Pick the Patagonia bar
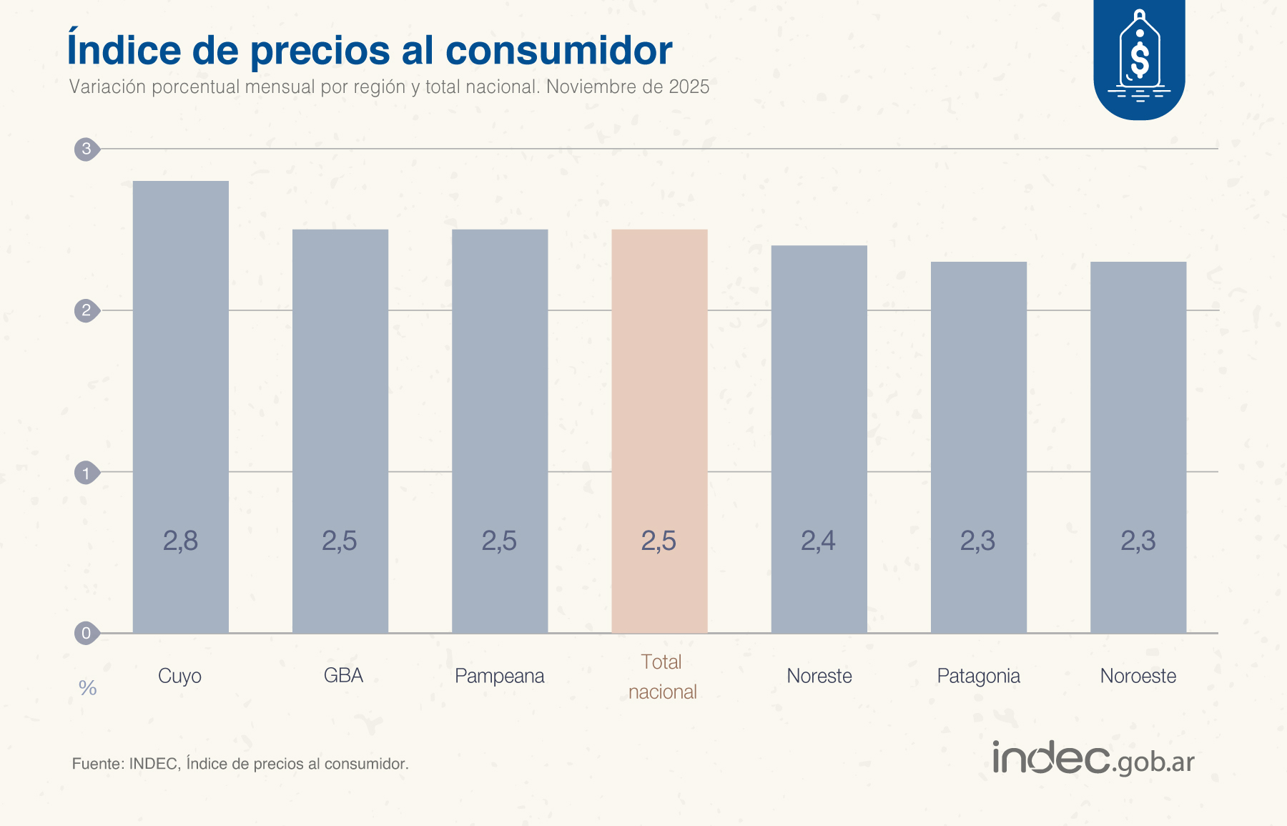tap(978, 447)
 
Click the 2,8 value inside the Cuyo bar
tap(180, 541)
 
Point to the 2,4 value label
tap(818, 541)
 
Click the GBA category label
tap(343, 675)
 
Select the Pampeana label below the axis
tap(499, 676)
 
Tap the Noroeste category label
tap(1138, 676)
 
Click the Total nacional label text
tap(662, 677)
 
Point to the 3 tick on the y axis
tap(87, 149)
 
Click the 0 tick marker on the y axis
tap(87, 633)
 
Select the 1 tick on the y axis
tap(87, 473)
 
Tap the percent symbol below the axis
tap(88, 688)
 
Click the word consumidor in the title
tap(558, 50)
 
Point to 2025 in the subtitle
tap(689, 87)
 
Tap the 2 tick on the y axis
tap(87, 310)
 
